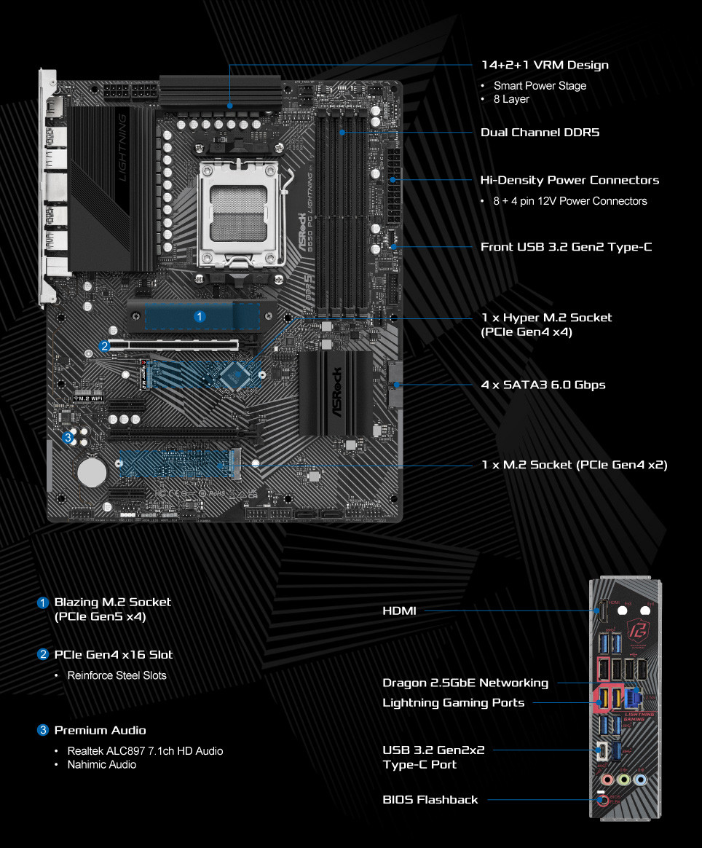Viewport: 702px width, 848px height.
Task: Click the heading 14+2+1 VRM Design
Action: coord(545,65)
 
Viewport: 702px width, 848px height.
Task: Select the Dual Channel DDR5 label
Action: coord(540,133)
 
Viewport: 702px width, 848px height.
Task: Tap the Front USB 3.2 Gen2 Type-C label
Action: coord(566,247)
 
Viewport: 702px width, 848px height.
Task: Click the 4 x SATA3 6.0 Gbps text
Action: coord(543,384)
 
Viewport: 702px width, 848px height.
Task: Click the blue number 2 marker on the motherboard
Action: coord(105,346)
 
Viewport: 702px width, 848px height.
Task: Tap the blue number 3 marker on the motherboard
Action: coord(68,438)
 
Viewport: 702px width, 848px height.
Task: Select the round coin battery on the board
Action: coord(92,471)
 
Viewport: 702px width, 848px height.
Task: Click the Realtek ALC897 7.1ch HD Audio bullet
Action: coord(145,750)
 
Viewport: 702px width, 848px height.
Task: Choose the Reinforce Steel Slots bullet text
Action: coord(117,675)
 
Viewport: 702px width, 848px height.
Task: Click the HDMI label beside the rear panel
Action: coord(399,611)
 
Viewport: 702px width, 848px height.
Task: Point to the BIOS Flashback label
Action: coord(430,799)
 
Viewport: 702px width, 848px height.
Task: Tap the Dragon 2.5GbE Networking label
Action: coord(465,683)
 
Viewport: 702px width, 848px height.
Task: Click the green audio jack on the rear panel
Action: coord(623,779)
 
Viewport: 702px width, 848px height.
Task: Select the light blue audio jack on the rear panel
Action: coord(640,779)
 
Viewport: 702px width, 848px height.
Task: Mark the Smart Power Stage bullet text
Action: coord(540,85)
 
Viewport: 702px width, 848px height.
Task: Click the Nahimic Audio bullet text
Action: coord(102,764)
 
